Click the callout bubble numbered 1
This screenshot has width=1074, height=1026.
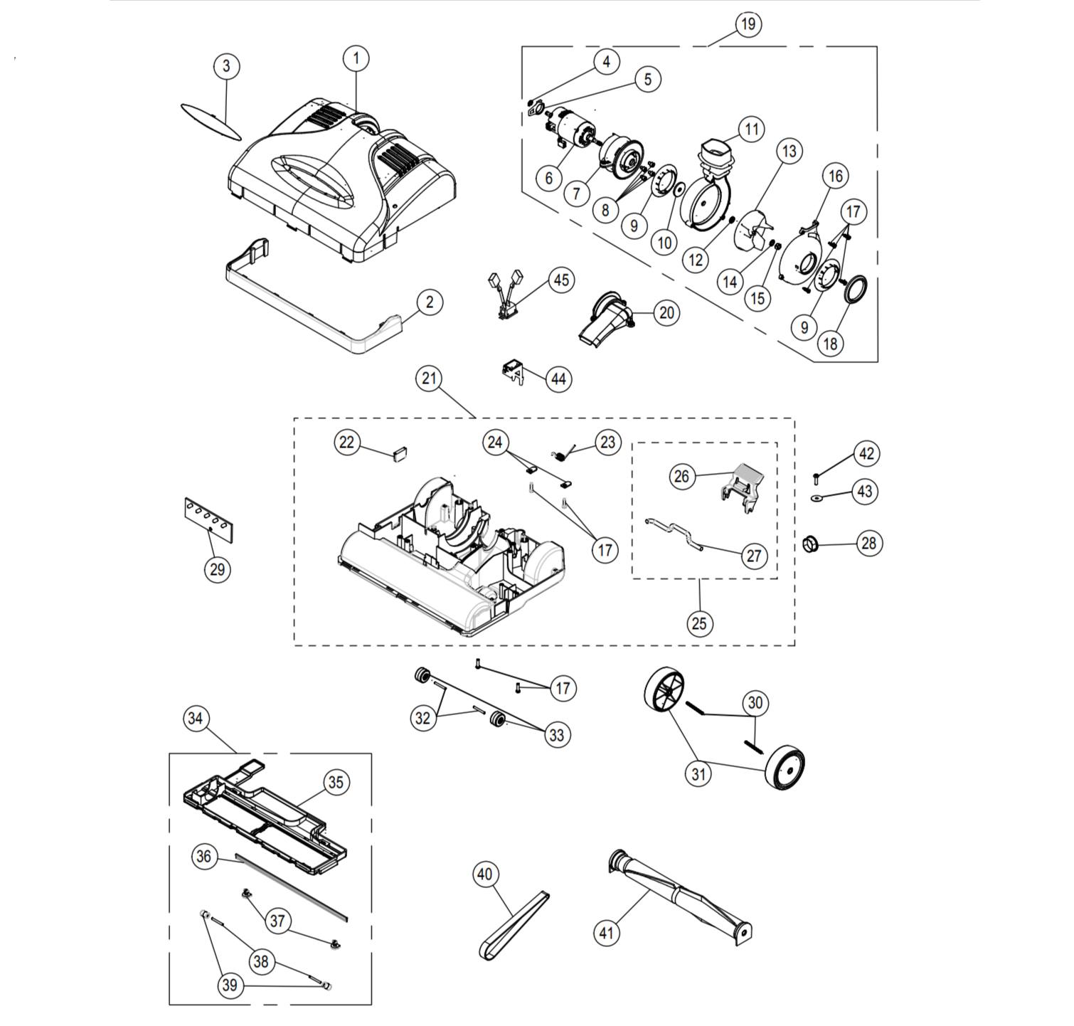point(356,58)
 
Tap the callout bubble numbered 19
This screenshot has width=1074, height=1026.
point(748,24)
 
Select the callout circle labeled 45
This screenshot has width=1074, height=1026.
point(562,280)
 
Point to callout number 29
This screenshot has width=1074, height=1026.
point(218,569)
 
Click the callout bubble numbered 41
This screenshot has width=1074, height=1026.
point(607,933)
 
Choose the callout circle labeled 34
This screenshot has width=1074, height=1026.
point(196,719)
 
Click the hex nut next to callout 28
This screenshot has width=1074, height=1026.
point(811,545)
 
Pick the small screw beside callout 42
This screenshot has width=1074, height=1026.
point(817,477)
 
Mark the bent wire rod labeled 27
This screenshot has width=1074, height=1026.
point(676,534)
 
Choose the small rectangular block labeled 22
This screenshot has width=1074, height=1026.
point(400,455)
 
